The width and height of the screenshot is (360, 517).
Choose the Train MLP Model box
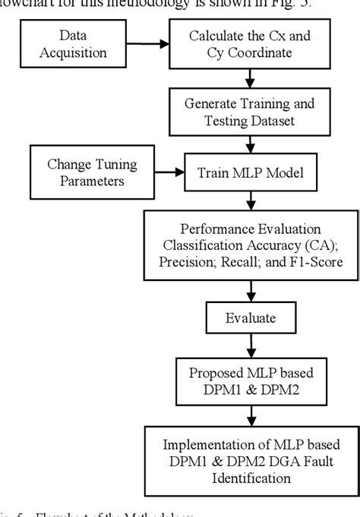tap(249, 172)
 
